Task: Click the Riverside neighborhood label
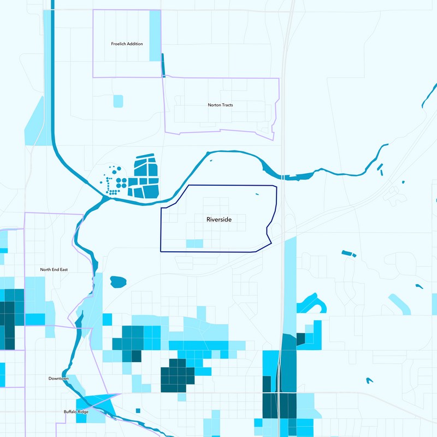coord(219,220)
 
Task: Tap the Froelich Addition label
coord(126,44)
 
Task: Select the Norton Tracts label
coord(220,105)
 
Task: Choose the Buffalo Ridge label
coord(76,412)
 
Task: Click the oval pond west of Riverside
coord(118,282)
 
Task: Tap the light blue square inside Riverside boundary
coord(194,244)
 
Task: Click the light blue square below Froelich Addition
coord(118,101)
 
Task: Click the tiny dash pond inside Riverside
coord(258,194)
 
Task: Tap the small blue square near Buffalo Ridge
coord(138,411)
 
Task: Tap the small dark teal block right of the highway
coord(300,339)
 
